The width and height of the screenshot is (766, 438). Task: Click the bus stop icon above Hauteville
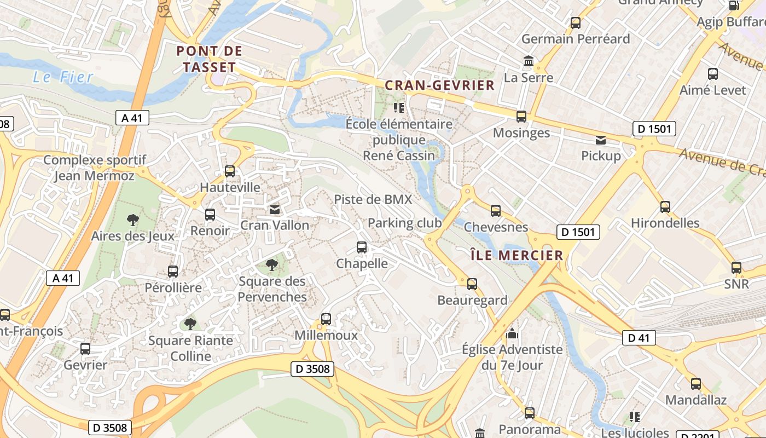230,171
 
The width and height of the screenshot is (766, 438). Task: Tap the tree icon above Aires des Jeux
132,220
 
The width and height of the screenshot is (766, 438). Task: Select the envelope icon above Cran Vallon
274,210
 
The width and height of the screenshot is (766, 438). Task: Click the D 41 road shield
639,338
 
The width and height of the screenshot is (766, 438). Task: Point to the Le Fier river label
63,77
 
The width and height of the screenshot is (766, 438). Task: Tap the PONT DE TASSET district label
210,60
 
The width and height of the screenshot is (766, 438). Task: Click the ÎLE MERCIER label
517,255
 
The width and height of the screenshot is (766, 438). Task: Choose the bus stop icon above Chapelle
361,247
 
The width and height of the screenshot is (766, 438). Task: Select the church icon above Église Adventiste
512,333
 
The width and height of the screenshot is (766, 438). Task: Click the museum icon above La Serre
529,61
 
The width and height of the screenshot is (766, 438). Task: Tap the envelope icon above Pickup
601,140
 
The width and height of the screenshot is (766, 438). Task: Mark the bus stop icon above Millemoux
326,319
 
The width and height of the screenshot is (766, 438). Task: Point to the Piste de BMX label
373,199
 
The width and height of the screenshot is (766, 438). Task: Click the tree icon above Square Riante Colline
190,324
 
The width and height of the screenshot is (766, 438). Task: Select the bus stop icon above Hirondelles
665,207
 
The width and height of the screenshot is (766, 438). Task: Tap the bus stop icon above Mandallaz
695,384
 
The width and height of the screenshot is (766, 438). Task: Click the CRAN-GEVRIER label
440,85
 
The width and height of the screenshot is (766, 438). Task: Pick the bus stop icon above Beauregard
472,284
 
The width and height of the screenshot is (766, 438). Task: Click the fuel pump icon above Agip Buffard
734,6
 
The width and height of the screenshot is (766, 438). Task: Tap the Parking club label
404,223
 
